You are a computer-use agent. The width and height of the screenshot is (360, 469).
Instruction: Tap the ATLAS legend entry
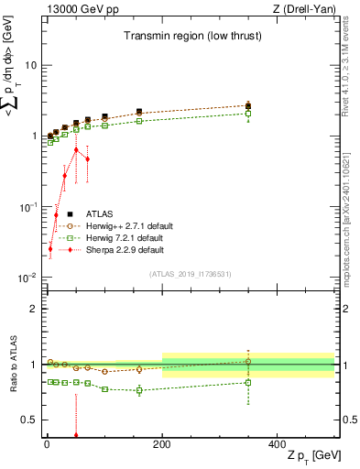(x=103, y=213)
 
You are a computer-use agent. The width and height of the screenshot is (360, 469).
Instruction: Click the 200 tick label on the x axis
(x=162, y=443)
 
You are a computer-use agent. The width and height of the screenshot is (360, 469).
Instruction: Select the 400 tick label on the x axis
(x=278, y=443)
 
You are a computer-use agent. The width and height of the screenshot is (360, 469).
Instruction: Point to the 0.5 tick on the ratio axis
(x=27, y=420)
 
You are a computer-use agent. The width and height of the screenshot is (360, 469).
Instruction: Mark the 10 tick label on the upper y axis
(x=29, y=65)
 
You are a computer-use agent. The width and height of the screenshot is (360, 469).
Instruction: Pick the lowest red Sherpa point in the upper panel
(x=49, y=248)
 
